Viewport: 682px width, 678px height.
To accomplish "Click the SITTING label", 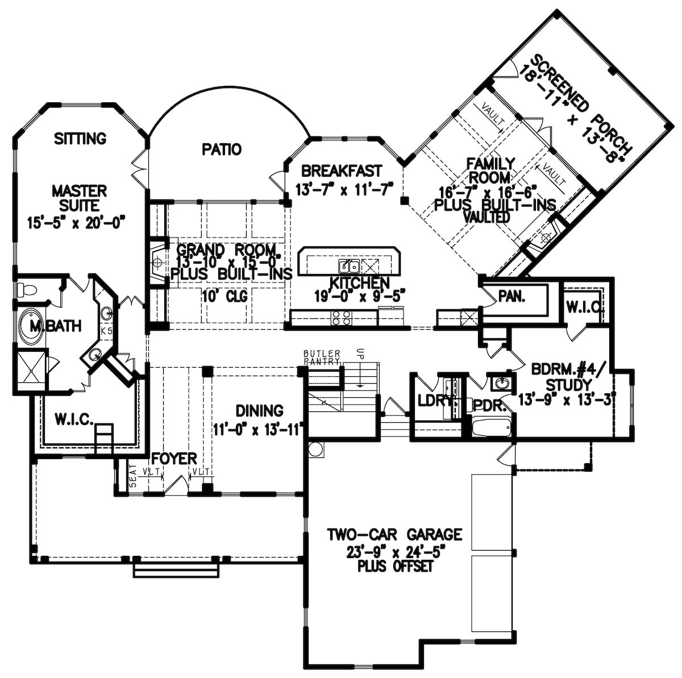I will (80, 138).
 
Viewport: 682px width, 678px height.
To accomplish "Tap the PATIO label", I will (222, 149).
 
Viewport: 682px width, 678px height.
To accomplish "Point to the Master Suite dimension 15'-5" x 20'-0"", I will (76, 222).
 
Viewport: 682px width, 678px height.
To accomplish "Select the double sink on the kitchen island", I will (349, 266).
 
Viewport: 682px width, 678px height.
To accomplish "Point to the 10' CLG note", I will (226, 296).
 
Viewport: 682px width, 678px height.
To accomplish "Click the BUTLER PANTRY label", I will (322, 357).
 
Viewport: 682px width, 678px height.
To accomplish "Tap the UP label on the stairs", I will (359, 353).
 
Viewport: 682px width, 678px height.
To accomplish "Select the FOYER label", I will (174, 458).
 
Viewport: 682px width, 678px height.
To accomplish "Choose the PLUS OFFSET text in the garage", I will (395, 567).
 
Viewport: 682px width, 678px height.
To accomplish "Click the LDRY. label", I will (437, 401).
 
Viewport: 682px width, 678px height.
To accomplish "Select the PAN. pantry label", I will (511, 296).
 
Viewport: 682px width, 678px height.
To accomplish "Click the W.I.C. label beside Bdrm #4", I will (584, 307).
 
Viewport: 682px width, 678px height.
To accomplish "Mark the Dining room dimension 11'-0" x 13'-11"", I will (259, 429).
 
